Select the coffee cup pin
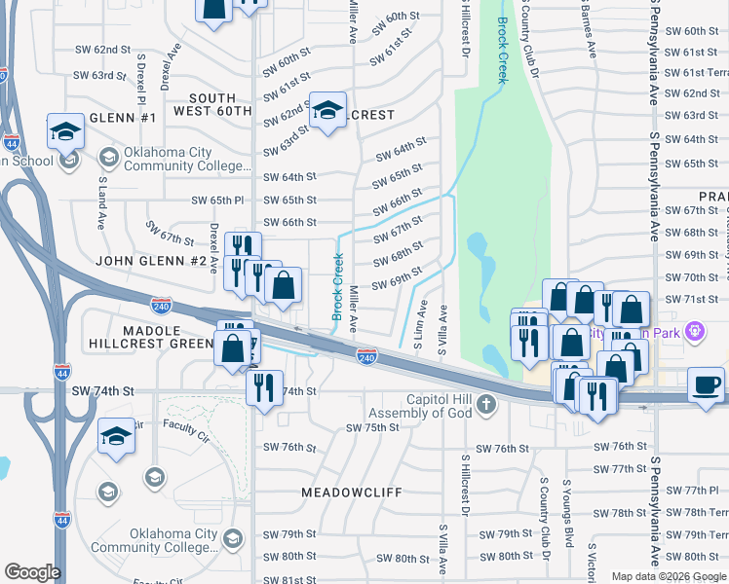coord(706,384)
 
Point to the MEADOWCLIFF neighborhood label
coord(351,493)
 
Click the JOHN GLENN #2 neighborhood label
coord(151,261)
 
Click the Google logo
coord(32,572)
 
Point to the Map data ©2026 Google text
coord(669,576)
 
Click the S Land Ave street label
coord(100,201)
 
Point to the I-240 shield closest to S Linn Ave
coord(366,358)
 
